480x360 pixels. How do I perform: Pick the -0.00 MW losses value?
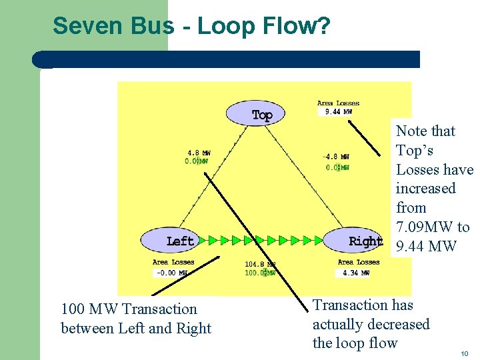point(171,272)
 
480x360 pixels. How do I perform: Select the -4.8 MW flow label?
point(335,157)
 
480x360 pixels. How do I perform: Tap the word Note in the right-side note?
point(411,131)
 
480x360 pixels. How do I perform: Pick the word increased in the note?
point(425,188)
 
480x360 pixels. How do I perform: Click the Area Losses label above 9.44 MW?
point(338,103)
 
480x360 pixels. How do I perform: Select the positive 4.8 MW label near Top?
point(198,153)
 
